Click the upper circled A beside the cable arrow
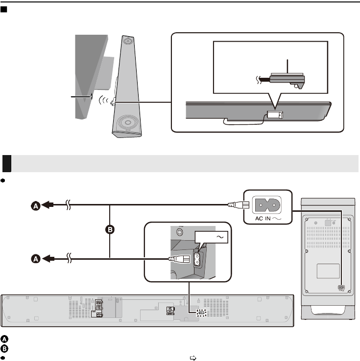[x=35, y=207]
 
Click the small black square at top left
[x=4, y=10]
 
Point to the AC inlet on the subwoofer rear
[x=341, y=288]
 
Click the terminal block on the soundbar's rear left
[x=98, y=308]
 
